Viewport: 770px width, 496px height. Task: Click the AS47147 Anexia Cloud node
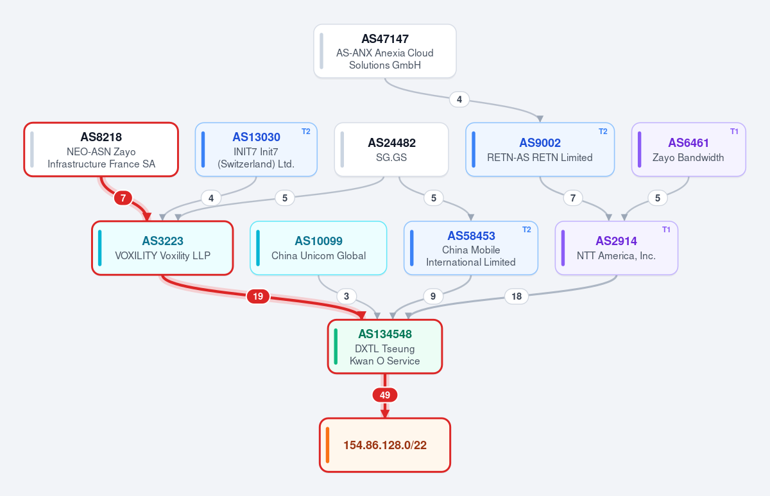click(384, 51)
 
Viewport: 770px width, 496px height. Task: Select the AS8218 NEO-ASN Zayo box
click(101, 150)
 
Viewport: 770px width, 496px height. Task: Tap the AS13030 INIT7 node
click(256, 150)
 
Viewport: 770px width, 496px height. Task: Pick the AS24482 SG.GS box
click(391, 150)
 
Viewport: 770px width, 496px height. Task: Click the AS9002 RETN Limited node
click(540, 150)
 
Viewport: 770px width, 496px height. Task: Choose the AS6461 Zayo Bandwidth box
click(689, 150)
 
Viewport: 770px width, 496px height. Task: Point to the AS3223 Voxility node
click(162, 248)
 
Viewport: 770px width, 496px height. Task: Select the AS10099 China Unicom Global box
click(318, 248)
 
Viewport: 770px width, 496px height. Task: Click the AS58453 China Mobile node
click(470, 248)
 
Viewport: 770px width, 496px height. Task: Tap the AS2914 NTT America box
click(617, 248)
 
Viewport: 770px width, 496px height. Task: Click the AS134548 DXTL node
click(384, 346)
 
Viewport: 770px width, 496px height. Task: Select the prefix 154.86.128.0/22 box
click(384, 445)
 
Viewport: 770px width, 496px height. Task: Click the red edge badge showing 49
click(384, 395)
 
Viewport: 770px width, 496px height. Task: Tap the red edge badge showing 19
click(258, 296)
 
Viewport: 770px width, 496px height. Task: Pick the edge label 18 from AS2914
click(517, 296)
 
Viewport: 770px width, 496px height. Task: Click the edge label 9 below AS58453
click(432, 296)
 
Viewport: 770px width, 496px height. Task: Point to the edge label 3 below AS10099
click(346, 296)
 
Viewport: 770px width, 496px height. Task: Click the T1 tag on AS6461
click(734, 132)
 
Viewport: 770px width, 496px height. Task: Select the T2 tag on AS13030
click(305, 132)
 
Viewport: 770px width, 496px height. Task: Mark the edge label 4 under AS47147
click(459, 99)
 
